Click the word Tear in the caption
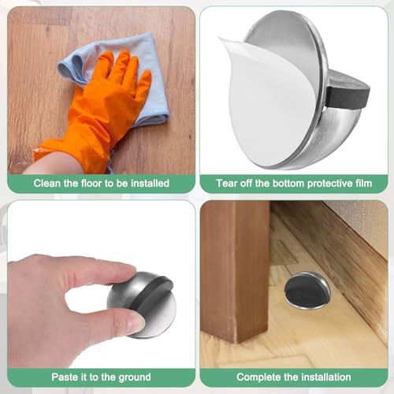[x=226, y=184]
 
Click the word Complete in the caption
[x=258, y=377]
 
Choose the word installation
[x=325, y=377]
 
